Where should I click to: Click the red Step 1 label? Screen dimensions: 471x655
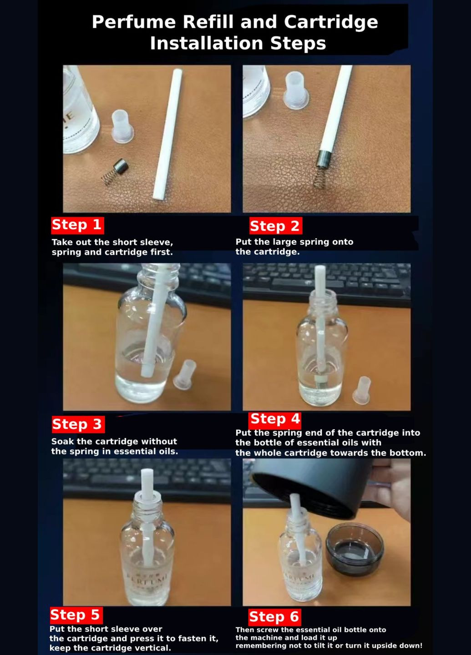(x=77, y=225)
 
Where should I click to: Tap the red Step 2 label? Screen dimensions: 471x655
(x=276, y=226)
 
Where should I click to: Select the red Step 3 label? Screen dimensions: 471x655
(x=78, y=424)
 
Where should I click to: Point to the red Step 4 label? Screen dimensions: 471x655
(x=275, y=419)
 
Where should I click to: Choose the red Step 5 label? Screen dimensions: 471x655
(x=76, y=615)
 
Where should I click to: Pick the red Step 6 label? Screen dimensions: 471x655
(x=275, y=617)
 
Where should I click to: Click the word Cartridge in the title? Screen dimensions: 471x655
(x=331, y=23)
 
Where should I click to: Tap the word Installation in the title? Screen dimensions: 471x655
(x=207, y=43)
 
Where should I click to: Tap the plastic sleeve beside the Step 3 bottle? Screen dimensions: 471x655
(x=185, y=375)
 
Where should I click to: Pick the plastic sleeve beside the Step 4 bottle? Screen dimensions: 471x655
(x=362, y=391)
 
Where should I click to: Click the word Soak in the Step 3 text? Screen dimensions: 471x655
(x=63, y=442)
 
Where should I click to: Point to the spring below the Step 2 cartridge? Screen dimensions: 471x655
(x=320, y=177)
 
